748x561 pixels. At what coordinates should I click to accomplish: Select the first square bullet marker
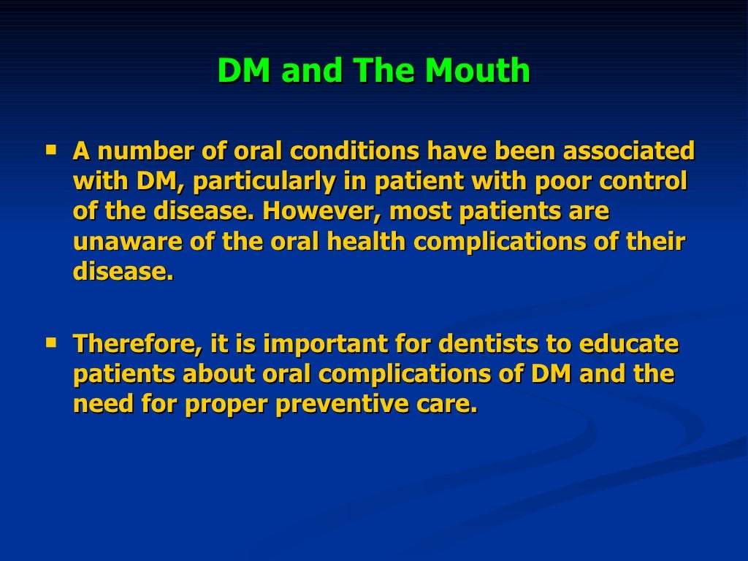pos(51,149)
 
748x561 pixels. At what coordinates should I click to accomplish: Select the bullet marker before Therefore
pos(51,341)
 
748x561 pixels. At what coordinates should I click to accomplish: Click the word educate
pos(635,343)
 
